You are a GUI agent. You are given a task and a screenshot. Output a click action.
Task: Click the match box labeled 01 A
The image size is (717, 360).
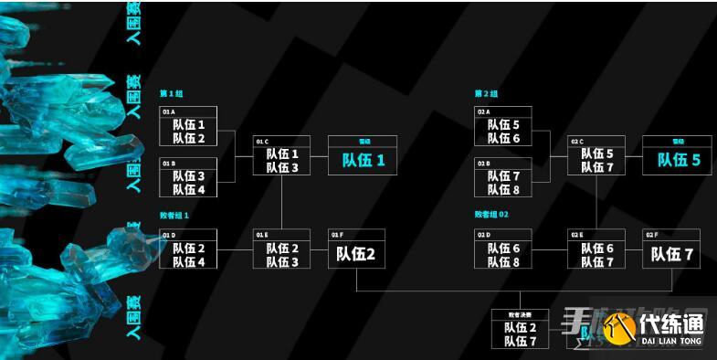point(188,126)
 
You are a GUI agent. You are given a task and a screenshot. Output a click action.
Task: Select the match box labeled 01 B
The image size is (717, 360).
point(188,177)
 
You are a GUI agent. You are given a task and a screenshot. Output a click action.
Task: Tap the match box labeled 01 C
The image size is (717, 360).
point(281,155)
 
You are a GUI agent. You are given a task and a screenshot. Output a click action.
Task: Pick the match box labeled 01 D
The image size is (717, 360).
point(188,249)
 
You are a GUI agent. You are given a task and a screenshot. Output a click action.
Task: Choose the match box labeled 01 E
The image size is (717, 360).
point(281,249)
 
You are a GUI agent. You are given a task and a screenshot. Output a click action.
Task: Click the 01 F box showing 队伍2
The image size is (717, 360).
point(357,249)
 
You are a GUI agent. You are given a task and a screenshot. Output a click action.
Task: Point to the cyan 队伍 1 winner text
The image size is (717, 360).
point(364,160)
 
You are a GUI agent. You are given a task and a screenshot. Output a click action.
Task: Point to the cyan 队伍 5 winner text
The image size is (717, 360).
point(679,160)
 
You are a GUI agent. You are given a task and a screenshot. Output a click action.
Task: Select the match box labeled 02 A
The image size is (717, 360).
point(503,126)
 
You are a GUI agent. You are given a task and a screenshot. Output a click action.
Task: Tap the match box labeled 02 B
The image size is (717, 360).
point(503,177)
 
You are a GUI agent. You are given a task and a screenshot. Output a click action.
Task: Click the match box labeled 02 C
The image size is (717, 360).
point(596,155)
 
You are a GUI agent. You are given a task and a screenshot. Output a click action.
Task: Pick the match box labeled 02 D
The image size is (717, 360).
point(503,249)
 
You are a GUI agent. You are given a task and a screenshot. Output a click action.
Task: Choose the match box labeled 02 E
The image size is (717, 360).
point(596,249)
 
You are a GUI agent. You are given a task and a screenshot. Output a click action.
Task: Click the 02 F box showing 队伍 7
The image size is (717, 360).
point(671,249)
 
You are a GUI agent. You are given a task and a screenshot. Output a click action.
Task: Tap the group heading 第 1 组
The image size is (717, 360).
point(172,93)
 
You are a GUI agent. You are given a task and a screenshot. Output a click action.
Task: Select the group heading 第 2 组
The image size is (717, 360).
point(486,93)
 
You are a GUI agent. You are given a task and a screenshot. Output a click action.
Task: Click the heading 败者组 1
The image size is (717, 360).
point(174,215)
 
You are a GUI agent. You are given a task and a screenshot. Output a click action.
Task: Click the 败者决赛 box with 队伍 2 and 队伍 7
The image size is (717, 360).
point(521,330)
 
